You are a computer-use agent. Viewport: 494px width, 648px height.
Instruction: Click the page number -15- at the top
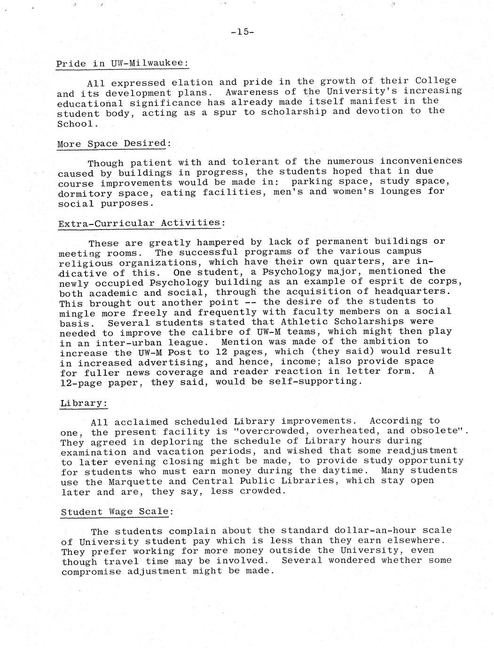[x=243, y=32]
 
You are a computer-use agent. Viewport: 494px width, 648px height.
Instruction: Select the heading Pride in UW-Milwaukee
[x=122, y=63]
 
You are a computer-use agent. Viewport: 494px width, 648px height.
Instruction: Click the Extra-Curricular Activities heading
[x=139, y=223]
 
